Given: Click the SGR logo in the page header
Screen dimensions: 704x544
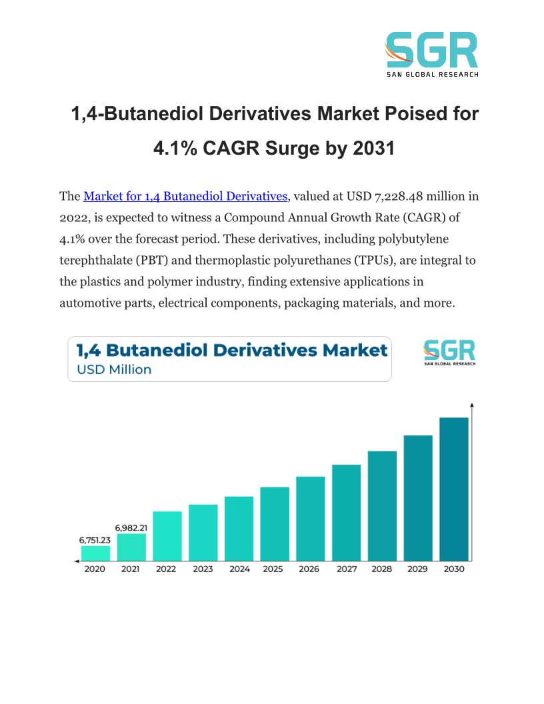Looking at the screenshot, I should pyautogui.click(x=431, y=54).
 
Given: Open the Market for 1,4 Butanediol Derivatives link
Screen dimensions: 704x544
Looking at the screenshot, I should pyautogui.click(x=185, y=196).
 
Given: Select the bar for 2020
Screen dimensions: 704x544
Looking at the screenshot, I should pyautogui.click(x=95, y=553).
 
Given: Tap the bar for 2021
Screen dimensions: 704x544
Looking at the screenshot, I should pyautogui.click(x=131, y=547).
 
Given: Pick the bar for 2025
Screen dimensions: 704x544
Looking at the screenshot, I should pyautogui.click(x=275, y=523).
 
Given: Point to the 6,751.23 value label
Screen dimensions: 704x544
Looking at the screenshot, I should pyautogui.click(x=95, y=540).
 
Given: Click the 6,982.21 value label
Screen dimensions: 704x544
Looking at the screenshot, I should pyautogui.click(x=131, y=527).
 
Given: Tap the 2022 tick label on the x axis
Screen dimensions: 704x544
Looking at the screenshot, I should pyautogui.click(x=167, y=569).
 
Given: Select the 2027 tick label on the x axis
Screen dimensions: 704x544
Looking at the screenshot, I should pyautogui.click(x=347, y=569).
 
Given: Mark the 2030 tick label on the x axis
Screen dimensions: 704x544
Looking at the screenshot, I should pyautogui.click(x=454, y=569).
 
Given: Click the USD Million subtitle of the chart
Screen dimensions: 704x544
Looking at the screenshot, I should pyautogui.click(x=114, y=369).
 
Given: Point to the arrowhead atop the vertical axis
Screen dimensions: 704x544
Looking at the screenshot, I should pyautogui.click(x=472, y=405).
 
